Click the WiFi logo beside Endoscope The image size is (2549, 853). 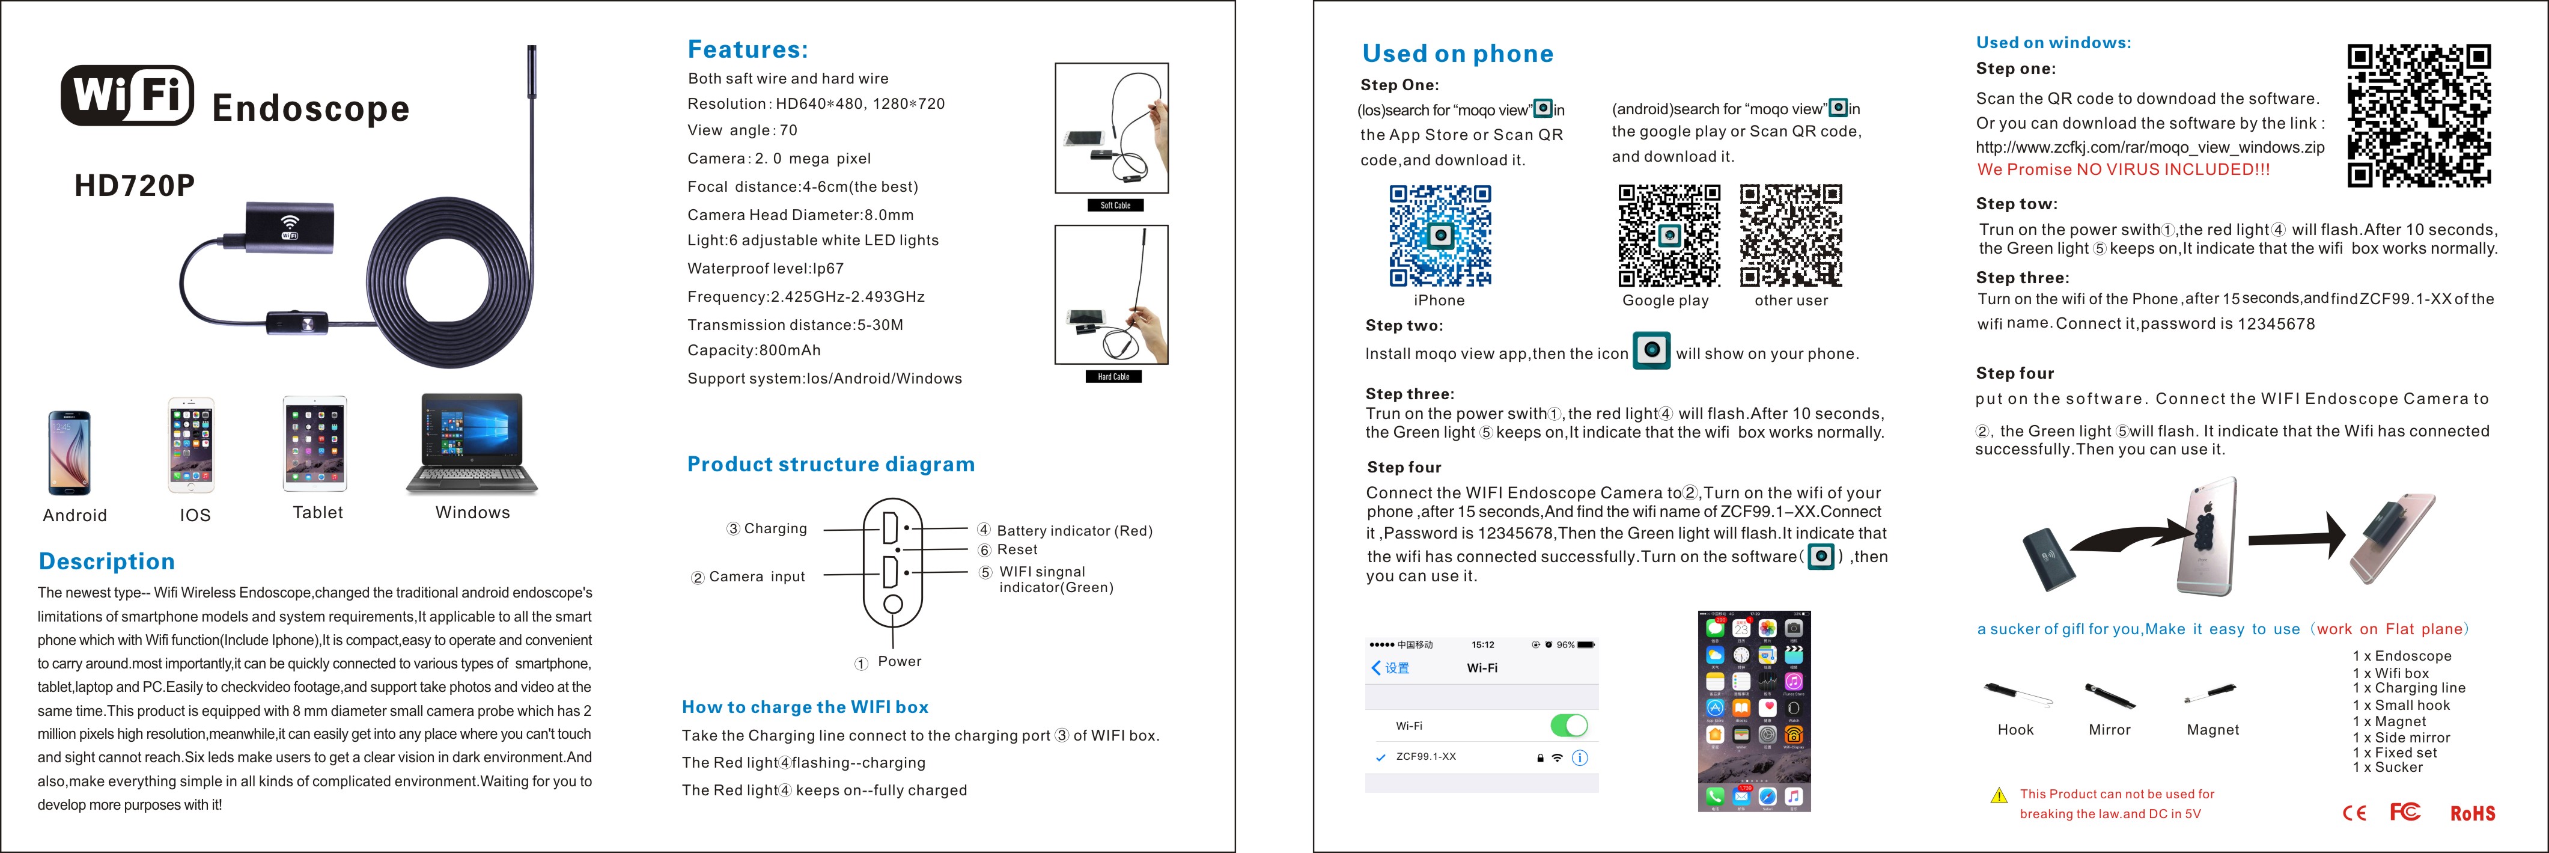coord(127,96)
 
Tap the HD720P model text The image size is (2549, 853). coord(135,186)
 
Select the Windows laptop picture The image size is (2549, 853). coord(472,444)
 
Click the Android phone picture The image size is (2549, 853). coord(69,452)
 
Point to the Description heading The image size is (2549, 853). coord(107,561)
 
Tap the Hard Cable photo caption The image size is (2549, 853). coord(1113,377)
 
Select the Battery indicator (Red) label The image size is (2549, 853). coord(1074,530)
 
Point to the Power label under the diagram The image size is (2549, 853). coord(898,661)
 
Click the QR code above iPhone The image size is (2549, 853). coord(1440,236)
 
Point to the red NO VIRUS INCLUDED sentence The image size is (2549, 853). coord(2124,169)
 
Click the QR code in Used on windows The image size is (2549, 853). coord(2419,116)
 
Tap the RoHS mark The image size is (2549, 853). coord(2472,813)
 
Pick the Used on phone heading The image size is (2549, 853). coord(1458,54)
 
